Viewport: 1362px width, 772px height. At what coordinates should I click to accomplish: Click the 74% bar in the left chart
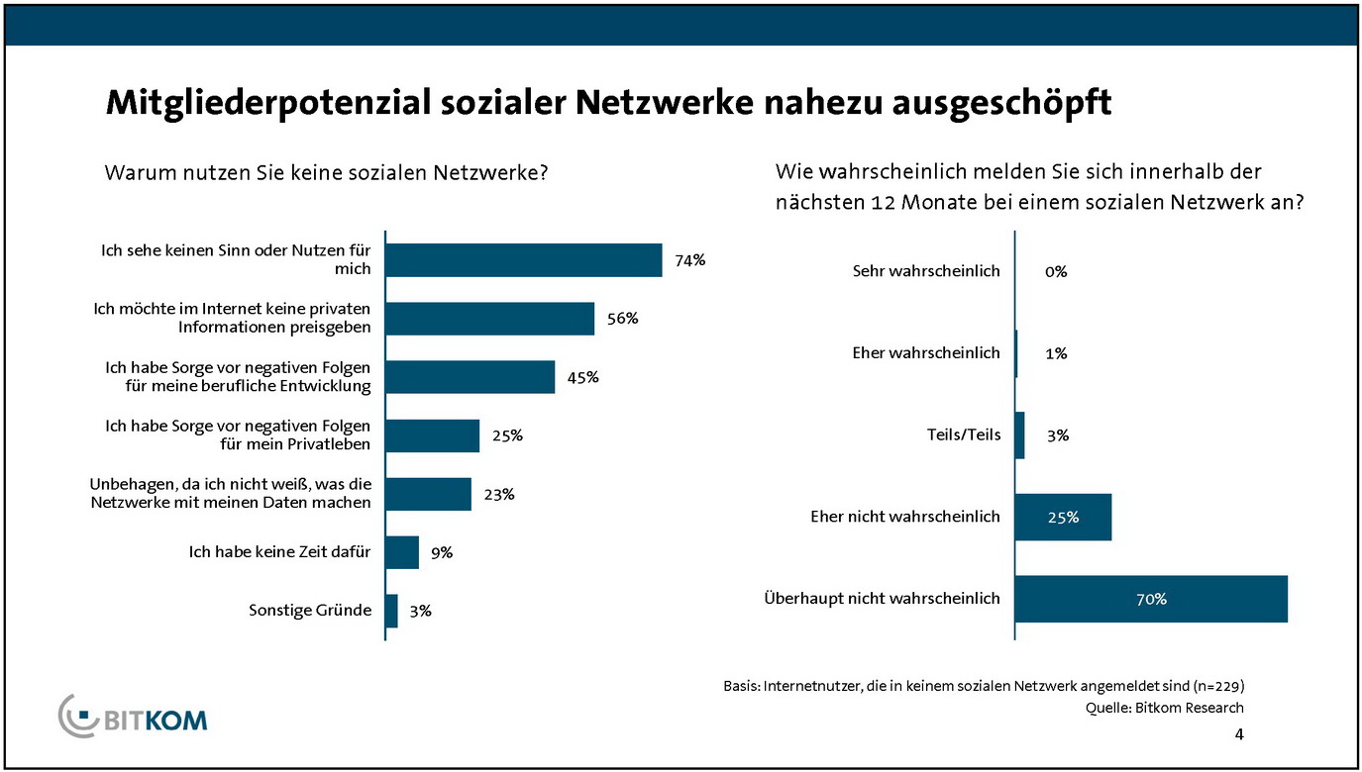coord(523,260)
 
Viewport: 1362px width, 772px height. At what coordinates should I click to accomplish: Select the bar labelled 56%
coord(489,319)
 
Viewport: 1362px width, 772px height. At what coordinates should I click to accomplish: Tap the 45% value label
coord(583,377)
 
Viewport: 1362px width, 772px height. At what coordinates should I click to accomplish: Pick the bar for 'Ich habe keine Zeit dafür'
coord(402,552)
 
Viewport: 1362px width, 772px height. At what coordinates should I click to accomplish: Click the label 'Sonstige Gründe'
coord(310,610)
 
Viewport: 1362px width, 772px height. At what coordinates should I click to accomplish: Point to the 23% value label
coord(499,494)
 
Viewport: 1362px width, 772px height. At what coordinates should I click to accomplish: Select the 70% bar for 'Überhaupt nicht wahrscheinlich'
coord(1151,599)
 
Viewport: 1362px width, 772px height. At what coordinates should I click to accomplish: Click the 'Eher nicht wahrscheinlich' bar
coord(1064,517)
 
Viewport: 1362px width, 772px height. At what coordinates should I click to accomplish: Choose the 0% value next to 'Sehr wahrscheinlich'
coord(1056,271)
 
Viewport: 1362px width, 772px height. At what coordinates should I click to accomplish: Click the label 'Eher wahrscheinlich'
coord(926,352)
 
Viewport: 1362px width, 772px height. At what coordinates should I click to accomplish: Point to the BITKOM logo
coord(134,716)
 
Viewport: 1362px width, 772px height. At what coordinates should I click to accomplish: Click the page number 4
coord(1239,734)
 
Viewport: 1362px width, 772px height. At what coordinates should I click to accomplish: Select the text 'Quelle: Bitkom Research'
coord(1165,707)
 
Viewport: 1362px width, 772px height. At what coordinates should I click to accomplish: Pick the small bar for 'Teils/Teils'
coord(1020,435)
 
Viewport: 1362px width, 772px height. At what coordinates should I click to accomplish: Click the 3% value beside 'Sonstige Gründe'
coord(420,611)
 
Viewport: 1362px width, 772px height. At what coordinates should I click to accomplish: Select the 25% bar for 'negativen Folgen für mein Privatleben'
coord(432,435)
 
